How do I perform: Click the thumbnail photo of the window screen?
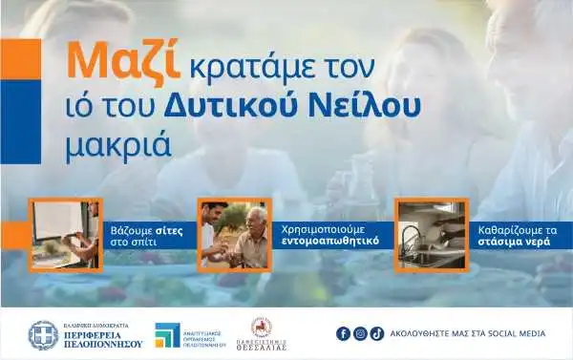click(x=63, y=233)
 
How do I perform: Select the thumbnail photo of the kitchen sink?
click(x=431, y=233)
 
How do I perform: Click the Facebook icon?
click(x=344, y=333)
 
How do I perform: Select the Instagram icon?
click(x=360, y=333)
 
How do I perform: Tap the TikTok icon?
click(x=376, y=333)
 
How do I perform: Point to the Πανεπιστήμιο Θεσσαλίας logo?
click(x=261, y=333)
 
